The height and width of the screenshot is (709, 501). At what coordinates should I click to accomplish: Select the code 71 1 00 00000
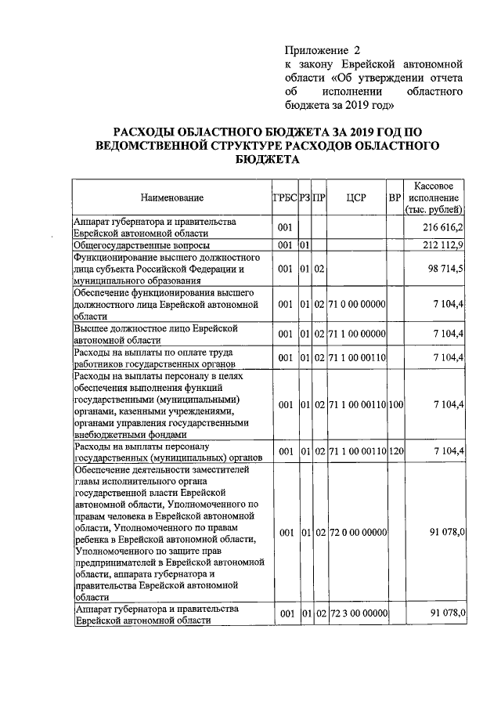point(357,334)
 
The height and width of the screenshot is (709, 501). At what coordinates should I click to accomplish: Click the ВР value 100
point(395,404)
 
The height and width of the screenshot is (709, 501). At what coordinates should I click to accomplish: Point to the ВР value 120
point(395,451)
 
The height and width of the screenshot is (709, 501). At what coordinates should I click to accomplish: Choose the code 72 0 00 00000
point(357,533)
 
